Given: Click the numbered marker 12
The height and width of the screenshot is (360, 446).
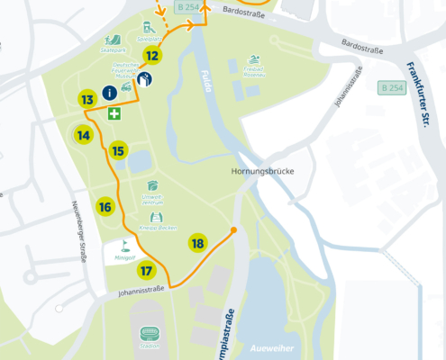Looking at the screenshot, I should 152,56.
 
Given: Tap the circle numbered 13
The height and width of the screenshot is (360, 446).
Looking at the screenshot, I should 87,100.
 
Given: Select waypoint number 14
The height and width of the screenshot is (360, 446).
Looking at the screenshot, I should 84,136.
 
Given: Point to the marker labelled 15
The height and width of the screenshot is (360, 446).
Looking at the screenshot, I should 118,150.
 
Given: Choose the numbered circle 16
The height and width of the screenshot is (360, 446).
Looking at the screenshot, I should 105,207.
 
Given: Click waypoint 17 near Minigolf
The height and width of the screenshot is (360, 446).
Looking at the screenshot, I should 147,270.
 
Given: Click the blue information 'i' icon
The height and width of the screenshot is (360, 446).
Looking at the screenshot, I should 109,93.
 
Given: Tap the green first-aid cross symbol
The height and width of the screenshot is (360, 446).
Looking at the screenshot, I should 114,114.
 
